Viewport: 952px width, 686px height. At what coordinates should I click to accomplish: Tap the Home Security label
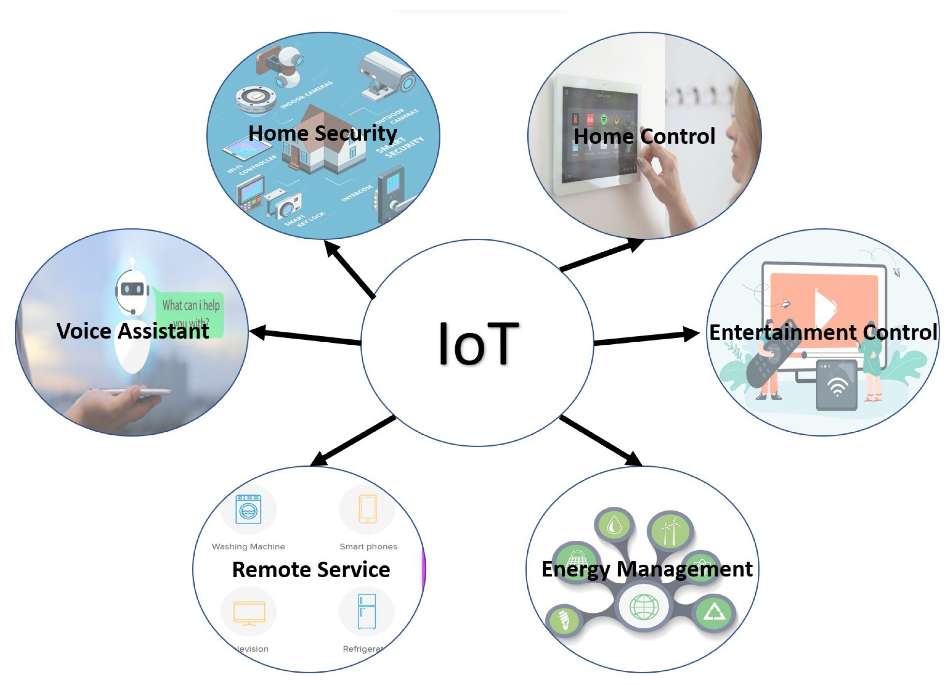[322, 134]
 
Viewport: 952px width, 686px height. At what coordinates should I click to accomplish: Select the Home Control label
[644, 136]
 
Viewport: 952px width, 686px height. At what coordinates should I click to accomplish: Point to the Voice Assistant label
[133, 331]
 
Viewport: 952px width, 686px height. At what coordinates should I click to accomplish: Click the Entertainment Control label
[823, 332]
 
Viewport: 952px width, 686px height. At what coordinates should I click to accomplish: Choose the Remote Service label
[311, 570]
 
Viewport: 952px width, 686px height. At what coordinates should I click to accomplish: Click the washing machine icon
[248, 509]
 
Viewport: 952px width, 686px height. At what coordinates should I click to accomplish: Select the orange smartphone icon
[367, 509]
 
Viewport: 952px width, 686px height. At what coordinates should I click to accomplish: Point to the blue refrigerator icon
[366, 611]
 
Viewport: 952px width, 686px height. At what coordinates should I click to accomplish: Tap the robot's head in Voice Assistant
[132, 289]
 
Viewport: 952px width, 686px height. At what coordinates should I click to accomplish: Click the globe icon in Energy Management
[644, 607]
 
